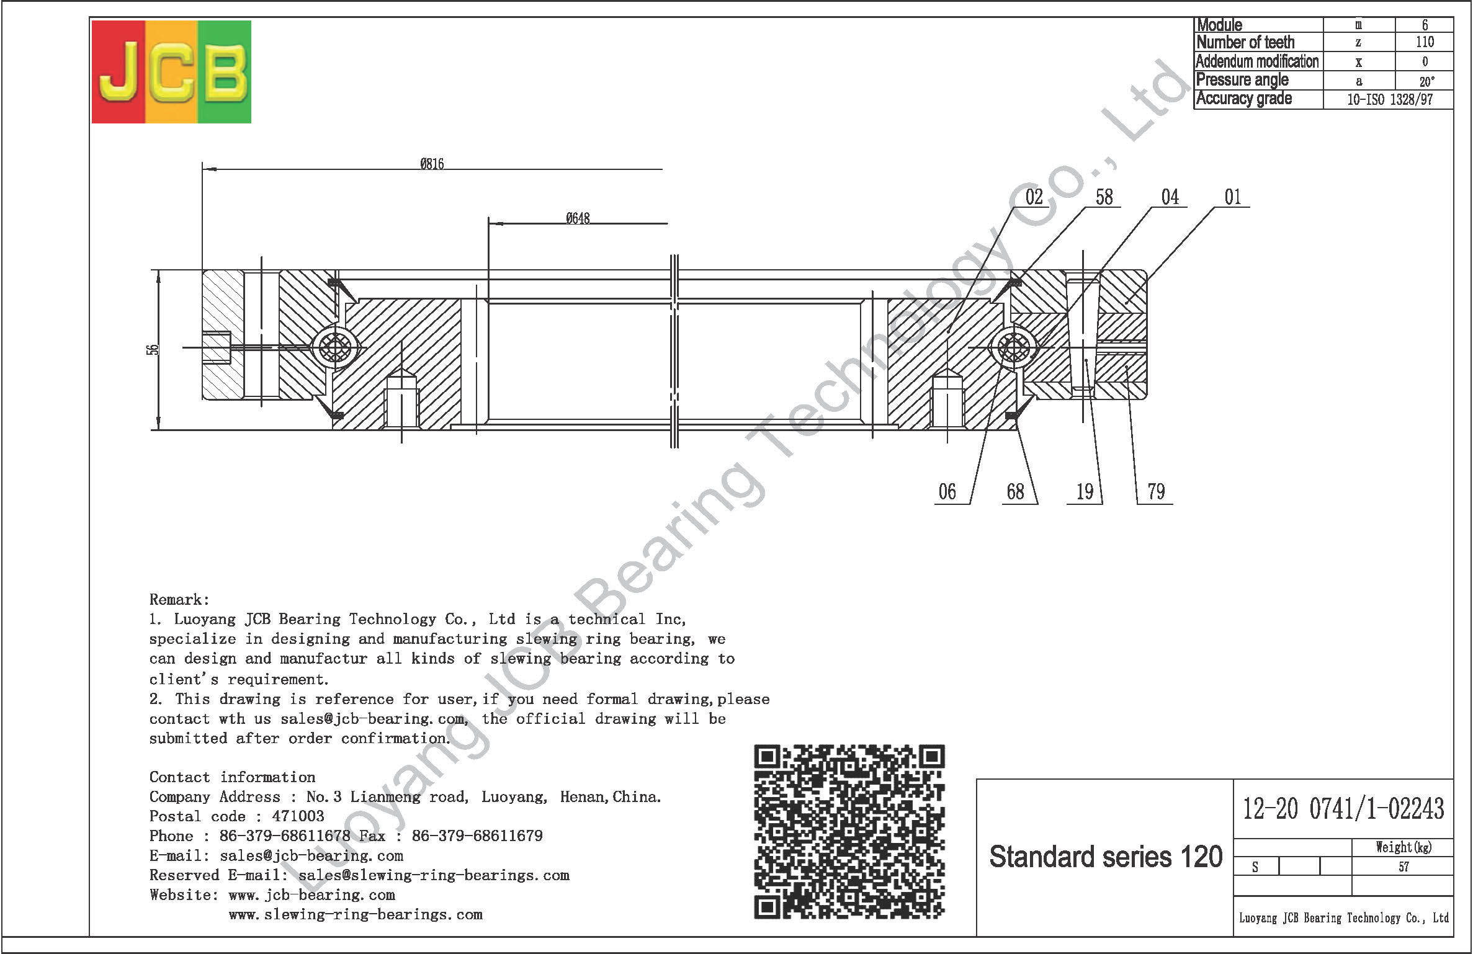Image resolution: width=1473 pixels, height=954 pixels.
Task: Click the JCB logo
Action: (171, 71)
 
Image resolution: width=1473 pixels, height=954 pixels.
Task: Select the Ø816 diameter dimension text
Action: (432, 164)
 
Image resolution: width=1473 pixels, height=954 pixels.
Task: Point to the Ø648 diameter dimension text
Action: (578, 218)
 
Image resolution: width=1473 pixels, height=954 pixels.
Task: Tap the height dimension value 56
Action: (153, 350)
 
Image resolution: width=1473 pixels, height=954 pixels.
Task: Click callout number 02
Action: (1034, 197)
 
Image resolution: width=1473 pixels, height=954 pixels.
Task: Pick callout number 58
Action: (1104, 197)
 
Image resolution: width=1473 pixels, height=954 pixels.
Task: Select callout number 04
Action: (1170, 197)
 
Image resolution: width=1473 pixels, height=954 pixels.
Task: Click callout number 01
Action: (1232, 197)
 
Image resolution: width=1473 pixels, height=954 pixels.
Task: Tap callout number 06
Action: (947, 492)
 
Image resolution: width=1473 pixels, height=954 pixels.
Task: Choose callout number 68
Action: (1015, 492)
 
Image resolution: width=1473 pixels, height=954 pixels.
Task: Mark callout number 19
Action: (1085, 492)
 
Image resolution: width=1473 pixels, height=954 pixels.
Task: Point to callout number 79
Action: (1156, 492)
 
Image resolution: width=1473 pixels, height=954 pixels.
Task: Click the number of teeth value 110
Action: (1425, 42)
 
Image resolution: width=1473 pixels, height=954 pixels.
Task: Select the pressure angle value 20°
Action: (1426, 81)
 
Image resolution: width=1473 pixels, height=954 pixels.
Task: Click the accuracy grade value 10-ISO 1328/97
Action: (1390, 100)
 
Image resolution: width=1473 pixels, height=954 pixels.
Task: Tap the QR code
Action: (849, 831)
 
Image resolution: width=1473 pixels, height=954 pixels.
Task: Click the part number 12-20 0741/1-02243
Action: (1343, 809)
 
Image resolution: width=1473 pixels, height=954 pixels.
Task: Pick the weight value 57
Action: (1404, 867)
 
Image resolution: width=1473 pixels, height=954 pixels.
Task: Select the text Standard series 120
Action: (1106, 857)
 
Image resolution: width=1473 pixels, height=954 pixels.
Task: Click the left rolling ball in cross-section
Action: (335, 347)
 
